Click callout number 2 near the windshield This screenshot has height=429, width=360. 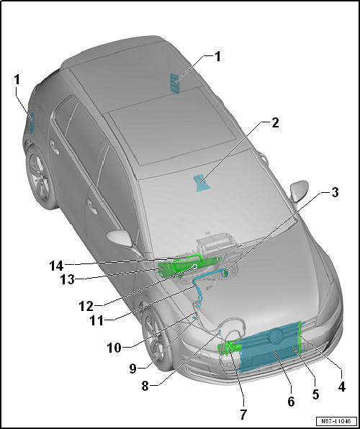click(275, 123)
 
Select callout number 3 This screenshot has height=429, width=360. click(335, 193)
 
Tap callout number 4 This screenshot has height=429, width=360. click(341, 387)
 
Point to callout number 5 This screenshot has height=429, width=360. click(315, 394)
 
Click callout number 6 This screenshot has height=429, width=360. click(291, 402)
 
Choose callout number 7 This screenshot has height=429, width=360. click(243, 414)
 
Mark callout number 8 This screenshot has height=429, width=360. click(145, 387)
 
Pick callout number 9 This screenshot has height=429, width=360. click(133, 369)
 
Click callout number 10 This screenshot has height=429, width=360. click(114, 348)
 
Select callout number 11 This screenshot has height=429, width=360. click(97, 320)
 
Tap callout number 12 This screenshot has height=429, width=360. click(86, 307)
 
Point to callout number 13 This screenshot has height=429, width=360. click(68, 279)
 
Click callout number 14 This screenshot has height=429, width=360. click(56, 266)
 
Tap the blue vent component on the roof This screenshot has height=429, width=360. click(174, 83)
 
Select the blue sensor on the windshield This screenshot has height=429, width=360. click(202, 183)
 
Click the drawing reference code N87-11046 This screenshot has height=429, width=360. click(336, 421)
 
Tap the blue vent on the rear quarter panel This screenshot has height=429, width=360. click(32, 123)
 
